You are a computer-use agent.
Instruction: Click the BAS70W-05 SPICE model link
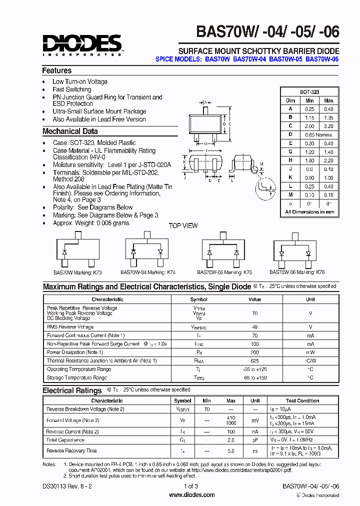click(286, 59)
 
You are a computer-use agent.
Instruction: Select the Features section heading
click(57, 71)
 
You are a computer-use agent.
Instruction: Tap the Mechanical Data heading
click(70, 131)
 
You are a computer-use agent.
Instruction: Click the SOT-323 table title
click(309, 92)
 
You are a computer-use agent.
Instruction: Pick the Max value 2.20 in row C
click(328, 126)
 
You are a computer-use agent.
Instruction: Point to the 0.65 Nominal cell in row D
click(317, 135)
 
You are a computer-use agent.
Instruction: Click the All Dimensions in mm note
click(309, 212)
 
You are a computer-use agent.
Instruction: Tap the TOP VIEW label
click(183, 225)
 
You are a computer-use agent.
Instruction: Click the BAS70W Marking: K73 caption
click(77, 273)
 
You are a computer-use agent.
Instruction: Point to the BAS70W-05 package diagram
click(223, 250)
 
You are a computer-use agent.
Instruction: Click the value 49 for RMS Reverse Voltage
click(255, 327)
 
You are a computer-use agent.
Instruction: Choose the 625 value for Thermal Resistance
click(255, 360)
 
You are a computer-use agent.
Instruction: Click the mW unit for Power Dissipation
click(310, 352)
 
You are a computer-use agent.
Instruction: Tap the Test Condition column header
click(302, 401)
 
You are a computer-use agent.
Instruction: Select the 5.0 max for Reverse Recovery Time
click(231, 451)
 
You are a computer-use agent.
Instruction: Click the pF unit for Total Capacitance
click(255, 440)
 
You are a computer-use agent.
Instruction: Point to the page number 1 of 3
click(191, 486)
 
